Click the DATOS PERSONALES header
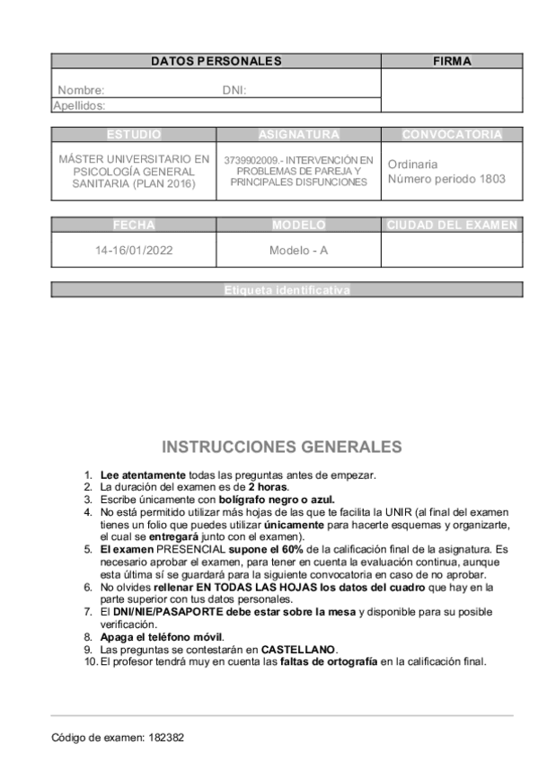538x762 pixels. tap(216, 61)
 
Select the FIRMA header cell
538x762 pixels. tap(452, 61)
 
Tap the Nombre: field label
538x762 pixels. tap(81, 90)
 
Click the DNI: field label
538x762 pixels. tap(234, 90)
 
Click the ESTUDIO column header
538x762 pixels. tap(134, 135)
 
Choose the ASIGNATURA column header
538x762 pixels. tap(299, 135)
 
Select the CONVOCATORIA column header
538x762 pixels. tap(452, 135)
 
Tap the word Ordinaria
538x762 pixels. tap(412, 164)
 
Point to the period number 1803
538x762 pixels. tap(491, 179)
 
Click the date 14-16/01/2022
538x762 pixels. tap(134, 251)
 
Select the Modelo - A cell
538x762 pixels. tap(299, 251)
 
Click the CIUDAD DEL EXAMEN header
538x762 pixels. tap(452, 224)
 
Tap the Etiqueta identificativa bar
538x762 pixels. tap(287, 289)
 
